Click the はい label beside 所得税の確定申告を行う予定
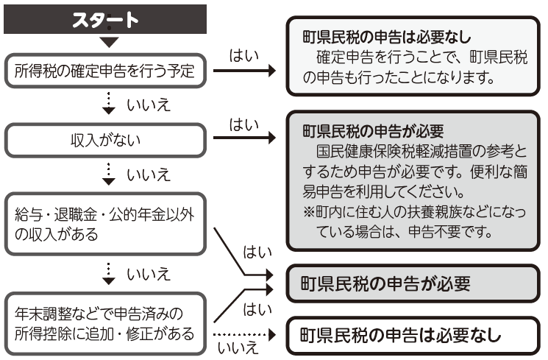pos(244,57)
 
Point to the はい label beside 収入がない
pos(244,126)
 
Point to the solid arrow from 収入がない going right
pos(247,137)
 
